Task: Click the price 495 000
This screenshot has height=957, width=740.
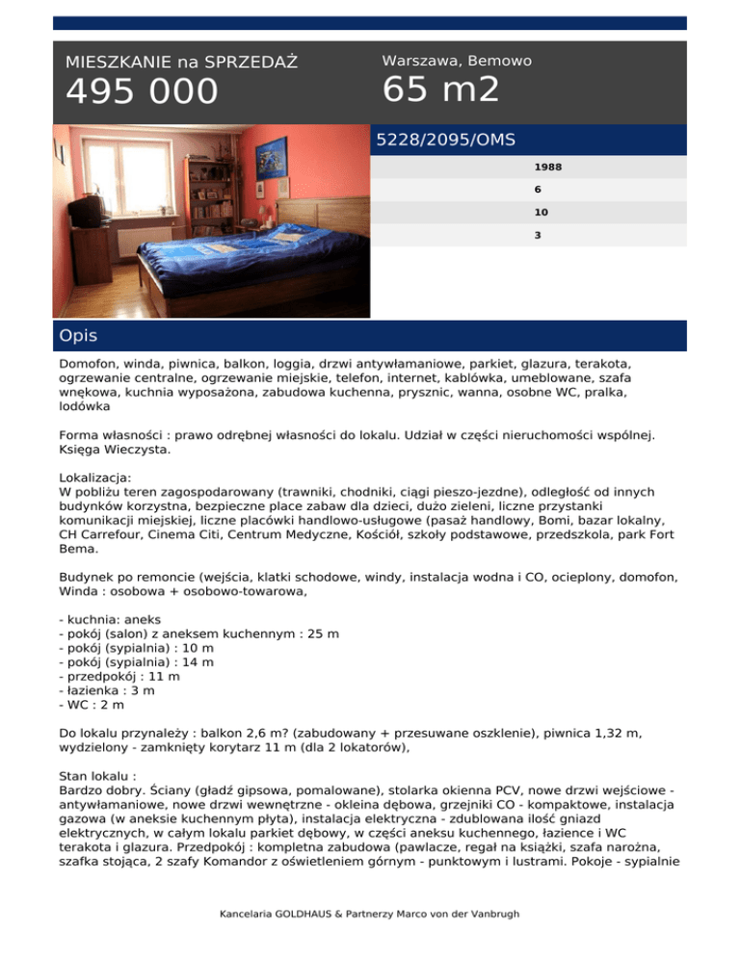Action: [x=142, y=92]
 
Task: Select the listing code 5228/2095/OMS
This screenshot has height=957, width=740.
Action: [x=445, y=140]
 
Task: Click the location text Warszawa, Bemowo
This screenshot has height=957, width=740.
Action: [x=457, y=61]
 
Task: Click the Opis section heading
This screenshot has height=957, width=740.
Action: [x=78, y=336]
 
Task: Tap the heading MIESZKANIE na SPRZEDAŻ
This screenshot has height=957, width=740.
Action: [x=181, y=63]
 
